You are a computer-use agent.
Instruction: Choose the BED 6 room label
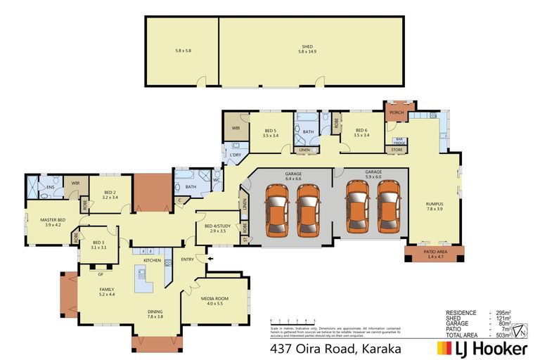pyautogui.click(x=361, y=132)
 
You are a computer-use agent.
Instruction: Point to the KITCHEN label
pyautogui.click(x=153, y=260)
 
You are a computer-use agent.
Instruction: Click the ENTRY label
pyautogui.click(x=187, y=259)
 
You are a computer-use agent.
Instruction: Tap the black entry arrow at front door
pyautogui.click(x=207, y=259)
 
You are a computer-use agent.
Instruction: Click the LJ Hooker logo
pyautogui.click(x=482, y=347)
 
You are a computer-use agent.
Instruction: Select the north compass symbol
pyautogui.click(x=520, y=330)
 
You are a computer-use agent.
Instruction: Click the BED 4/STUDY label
pyautogui.click(x=215, y=228)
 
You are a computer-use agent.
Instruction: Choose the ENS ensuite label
pyautogui.click(x=50, y=187)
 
